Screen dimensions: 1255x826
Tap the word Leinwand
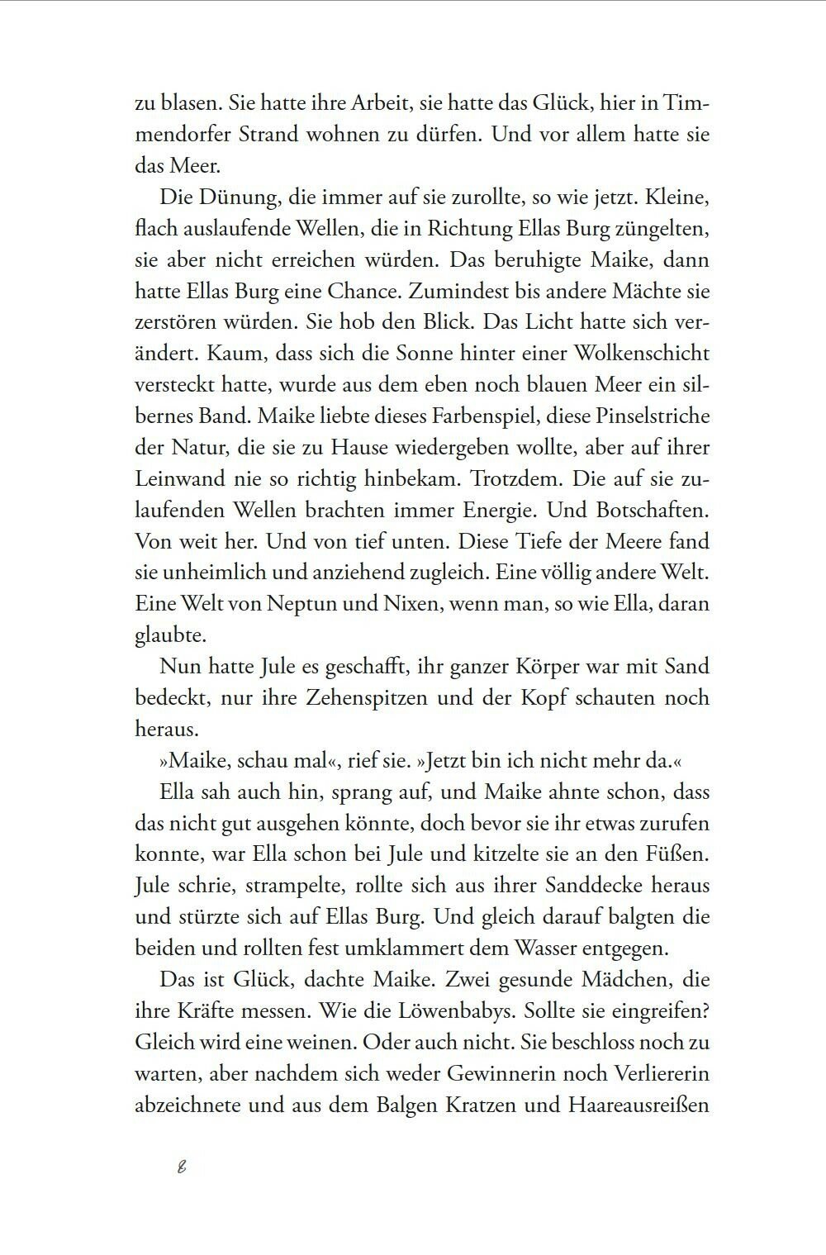tap(173, 479)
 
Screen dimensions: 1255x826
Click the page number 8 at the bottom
tap(182, 1168)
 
